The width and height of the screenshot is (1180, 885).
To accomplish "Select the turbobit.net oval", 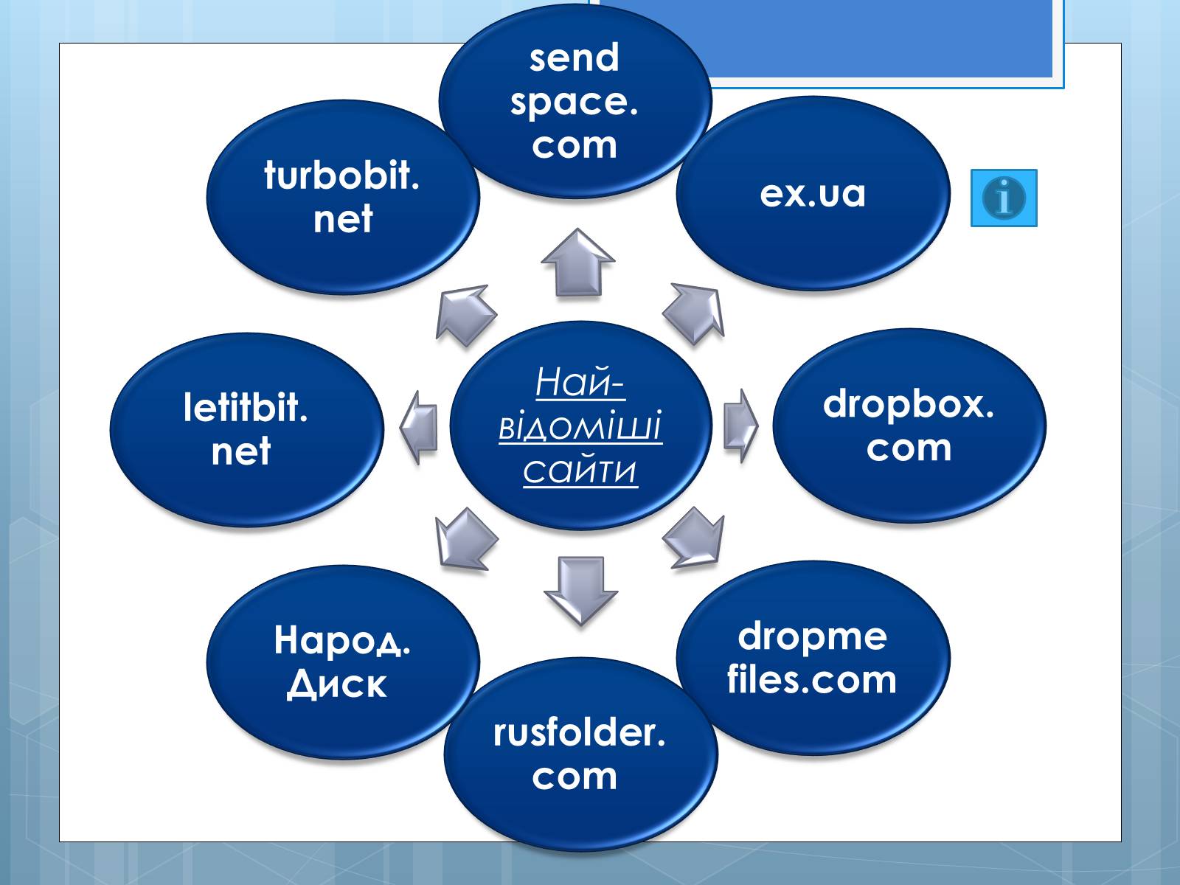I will pyautogui.click(x=343, y=198).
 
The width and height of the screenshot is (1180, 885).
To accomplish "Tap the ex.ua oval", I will pyautogui.click(x=813, y=194).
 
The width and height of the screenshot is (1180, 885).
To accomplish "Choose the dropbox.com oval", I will pyautogui.click(x=909, y=426).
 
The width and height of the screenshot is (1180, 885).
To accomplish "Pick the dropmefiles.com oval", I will pyautogui.click(x=813, y=658).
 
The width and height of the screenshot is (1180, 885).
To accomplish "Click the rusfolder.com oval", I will pyautogui.click(x=580, y=754).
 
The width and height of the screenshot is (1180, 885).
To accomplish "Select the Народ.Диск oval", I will pyautogui.click(x=343, y=662).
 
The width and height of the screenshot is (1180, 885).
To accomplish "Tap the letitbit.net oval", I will pyautogui.click(x=246, y=429).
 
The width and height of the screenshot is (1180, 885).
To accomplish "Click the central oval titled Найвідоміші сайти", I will pyautogui.click(x=580, y=426).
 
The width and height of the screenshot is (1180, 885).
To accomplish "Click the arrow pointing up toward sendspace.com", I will pyautogui.click(x=578, y=263).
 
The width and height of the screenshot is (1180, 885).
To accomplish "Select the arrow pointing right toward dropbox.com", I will pyautogui.click(x=740, y=426).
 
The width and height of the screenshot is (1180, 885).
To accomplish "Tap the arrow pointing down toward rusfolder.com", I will pyautogui.click(x=580, y=590).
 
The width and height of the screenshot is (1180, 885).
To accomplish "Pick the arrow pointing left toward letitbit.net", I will pyautogui.click(x=419, y=428).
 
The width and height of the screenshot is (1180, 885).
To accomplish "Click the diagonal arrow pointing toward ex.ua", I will pyautogui.click(x=694, y=313).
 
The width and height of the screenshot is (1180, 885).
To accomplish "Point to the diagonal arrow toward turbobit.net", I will pyautogui.click(x=465, y=315).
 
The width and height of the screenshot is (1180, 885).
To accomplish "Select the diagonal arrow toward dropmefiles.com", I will pyautogui.click(x=694, y=538).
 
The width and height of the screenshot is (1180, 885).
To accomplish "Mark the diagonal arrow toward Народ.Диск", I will pyautogui.click(x=465, y=538).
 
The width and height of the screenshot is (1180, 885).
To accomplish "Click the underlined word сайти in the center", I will pyautogui.click(x=580, y=471).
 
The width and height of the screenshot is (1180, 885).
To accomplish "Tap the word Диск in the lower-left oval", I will pyautogui.click(x=337, y=684).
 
